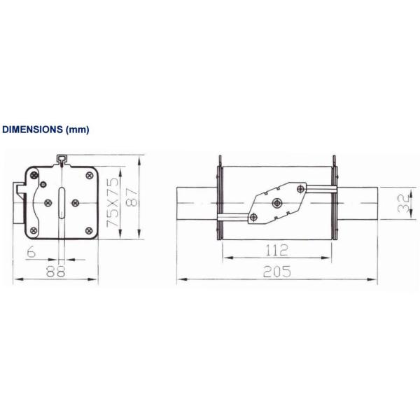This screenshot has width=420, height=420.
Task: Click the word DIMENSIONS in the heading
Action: point(32,130)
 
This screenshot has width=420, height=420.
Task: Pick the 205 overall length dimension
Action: point(277,272)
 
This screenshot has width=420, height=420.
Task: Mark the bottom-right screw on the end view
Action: point(88,230)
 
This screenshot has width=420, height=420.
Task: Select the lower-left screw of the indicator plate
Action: point(255,217)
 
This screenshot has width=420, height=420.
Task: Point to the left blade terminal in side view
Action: point(196,203)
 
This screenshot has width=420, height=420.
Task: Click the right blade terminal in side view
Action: point(358,203)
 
